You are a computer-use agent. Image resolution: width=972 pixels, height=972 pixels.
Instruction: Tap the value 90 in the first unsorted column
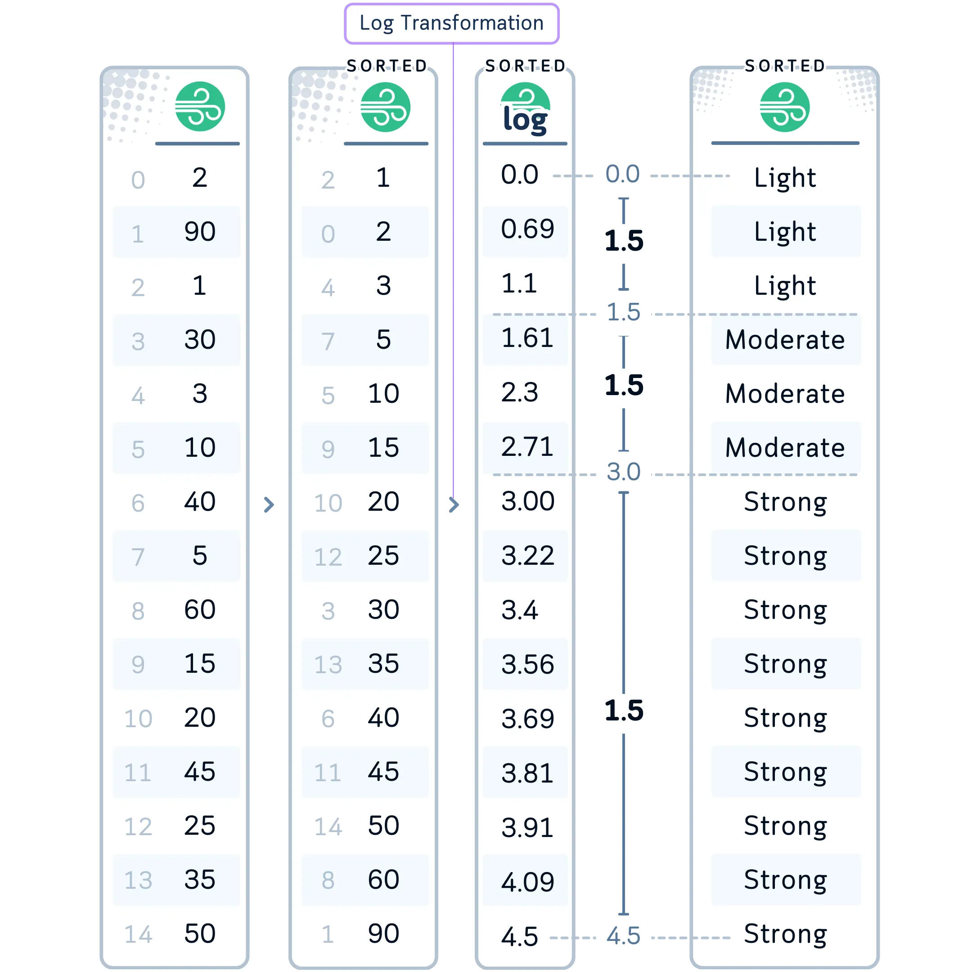click(200, 231)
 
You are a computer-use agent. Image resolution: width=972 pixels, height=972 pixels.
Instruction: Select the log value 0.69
click(527, 229)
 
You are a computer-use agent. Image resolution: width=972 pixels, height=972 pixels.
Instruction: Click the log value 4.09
click(528, 882)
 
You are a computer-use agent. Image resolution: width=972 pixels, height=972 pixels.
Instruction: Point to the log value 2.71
click(527, 447)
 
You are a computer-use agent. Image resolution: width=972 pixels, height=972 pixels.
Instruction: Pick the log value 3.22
click(528, 555)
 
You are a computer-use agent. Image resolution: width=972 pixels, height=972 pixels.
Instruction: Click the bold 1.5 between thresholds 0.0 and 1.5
click(624, 240)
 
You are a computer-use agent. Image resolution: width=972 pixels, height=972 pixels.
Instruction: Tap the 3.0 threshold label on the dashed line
click(623, 472)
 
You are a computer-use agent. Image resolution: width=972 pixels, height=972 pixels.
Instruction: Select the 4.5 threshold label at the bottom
click(623, 936)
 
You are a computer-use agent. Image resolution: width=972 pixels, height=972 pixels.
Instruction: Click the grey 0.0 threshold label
click(622, 174)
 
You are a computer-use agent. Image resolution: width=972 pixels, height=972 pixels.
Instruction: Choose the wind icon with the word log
click(525, 110)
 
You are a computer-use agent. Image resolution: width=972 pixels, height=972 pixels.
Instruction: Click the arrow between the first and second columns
click(269, 504)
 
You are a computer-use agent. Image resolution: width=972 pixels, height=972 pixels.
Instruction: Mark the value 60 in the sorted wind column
click(383, 879)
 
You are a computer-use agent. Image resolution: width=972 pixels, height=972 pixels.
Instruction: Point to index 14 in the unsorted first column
click(138, 934)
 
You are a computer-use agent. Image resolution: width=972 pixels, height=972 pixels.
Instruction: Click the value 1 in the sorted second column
click(383, 178)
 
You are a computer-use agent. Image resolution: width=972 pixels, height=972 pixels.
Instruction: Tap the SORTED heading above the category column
click(785, 66)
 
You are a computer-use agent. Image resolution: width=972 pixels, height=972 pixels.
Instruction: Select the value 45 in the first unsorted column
click(200, 771)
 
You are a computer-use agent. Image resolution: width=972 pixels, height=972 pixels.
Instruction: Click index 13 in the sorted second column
click(328, 665)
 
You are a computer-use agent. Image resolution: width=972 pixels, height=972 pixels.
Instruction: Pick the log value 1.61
click(527, 337)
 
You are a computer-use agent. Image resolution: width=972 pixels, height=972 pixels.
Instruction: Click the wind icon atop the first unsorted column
click(200, 107)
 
